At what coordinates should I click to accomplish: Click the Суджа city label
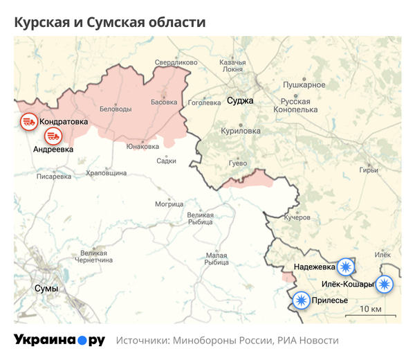click(240, 100)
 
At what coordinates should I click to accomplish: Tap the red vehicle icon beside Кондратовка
click(28, 122)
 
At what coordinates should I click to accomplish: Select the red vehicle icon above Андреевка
click(53, 136)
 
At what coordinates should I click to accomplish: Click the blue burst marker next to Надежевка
click(345, 267)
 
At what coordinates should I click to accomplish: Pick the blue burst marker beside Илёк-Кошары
click(384, 284)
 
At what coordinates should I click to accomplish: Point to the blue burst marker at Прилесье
click(301, 300)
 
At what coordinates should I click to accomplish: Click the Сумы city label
click(46, 288)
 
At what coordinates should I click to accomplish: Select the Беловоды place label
click(116, 109)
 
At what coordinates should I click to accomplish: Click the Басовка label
click(164, 102)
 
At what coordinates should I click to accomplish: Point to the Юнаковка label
click(142, 146)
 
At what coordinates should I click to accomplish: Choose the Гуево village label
click(238, 163)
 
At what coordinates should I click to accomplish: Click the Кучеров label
click(297, 217)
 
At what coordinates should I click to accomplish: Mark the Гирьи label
click(369, 170)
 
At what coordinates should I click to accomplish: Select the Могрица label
click(169, 204)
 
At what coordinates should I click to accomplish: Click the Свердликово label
click(176, 62)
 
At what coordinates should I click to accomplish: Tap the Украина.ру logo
click(59, 340)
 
